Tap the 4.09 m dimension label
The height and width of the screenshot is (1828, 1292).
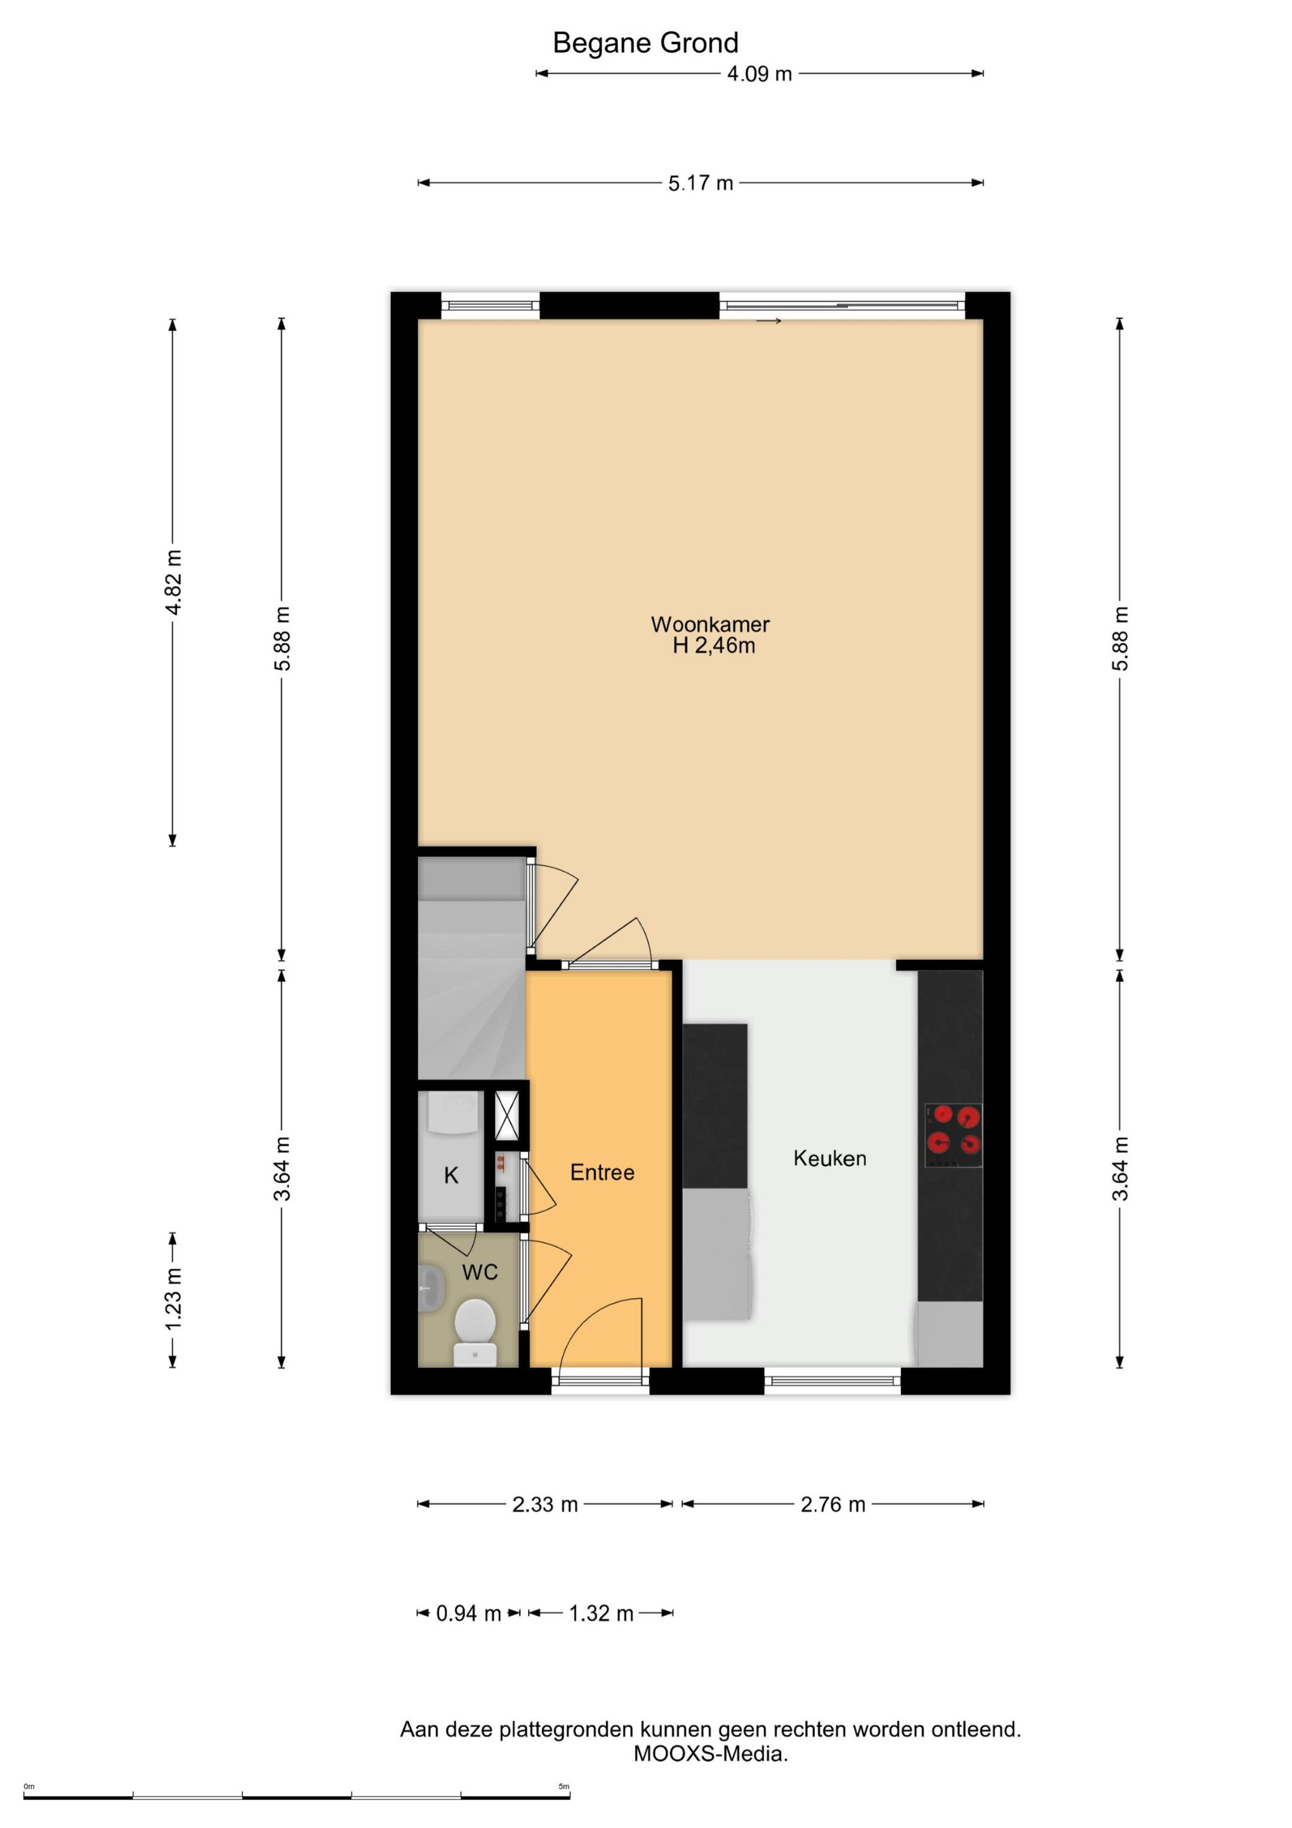pos(760,74)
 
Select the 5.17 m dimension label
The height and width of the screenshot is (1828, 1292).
pos(701,183)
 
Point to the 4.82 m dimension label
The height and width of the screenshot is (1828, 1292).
pos(173,581)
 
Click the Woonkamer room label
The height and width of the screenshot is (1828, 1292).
pos(710,624)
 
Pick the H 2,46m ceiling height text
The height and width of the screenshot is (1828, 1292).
pos(714,646)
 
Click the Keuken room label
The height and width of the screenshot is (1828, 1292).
pos(829,1158)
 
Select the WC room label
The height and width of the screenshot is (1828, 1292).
pos(480,1272)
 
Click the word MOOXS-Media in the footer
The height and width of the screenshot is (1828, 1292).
pos(711,1753)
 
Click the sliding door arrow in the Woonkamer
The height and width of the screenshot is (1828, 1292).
pos(769,321)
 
